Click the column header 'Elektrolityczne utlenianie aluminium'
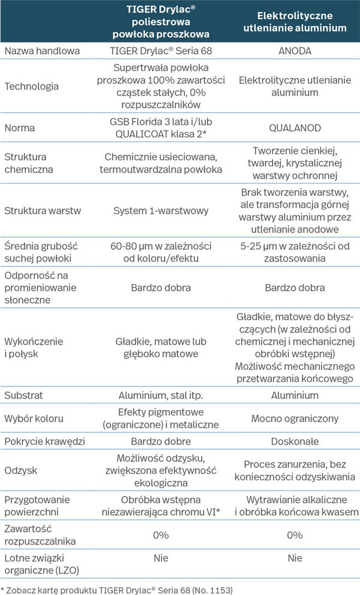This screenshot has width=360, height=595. pyautogui.click(x=295, y=22)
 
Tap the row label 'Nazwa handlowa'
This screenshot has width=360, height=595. pyautogui.click(x=42, y=51)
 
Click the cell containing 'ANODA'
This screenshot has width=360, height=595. pyautogui.click(x=295, y=51)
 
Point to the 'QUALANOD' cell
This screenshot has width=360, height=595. pyautogui.click(x=295, y=127)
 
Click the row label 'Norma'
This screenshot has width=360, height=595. pyautogui.click(x=20, y=127)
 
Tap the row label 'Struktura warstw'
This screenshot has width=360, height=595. pyautogui.click(x=43, y=211)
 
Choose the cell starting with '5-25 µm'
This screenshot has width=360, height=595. pyautogui.click(x=295, y=252)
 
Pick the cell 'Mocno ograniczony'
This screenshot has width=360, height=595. pyautogui.click(x=295, y=418)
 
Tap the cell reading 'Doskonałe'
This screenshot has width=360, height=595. pyautogui.click(x=295, y=441)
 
